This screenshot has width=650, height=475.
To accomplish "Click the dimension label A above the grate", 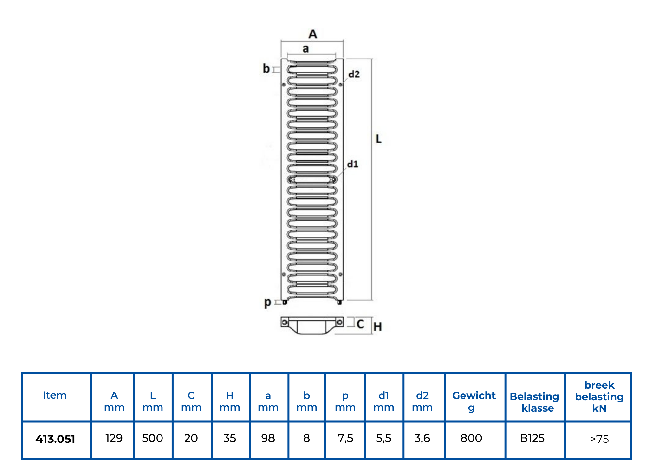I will pos(313,34).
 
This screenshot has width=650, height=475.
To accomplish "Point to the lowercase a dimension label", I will pos(305,49).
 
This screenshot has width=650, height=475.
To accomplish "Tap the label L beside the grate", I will pos(378,139).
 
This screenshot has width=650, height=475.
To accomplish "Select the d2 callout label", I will pos(354,74).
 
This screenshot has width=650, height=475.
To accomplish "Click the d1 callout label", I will pos(353,164).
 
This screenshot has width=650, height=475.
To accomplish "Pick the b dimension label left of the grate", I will pos(266,69).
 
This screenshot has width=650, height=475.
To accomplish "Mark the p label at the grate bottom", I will pos(267,303).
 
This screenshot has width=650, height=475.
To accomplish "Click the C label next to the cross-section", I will pos(360,324).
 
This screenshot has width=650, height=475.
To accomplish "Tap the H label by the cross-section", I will pos(377,326).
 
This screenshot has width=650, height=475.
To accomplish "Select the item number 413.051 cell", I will pos(55,439).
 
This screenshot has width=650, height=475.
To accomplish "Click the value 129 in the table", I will pos(114,438).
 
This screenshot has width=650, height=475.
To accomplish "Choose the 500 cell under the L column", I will pos(152,438).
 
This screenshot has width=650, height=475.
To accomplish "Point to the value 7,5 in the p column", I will pos(345,438).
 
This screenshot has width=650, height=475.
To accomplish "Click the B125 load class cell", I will pos(532,438).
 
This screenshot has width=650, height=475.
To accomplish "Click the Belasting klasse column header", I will pos(534,402).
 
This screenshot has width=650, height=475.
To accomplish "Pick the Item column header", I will pos(55,395).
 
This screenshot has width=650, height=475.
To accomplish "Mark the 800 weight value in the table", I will pos(471,438).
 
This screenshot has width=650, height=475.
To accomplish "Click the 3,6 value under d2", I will pos(422,438).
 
